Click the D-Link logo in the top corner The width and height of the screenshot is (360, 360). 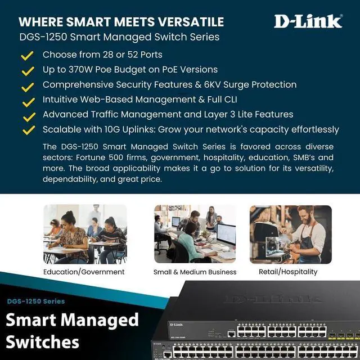(308, 21)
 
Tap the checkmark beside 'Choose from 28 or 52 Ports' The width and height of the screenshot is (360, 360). (27, 55)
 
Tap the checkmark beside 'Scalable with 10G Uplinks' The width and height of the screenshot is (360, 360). (27, 130)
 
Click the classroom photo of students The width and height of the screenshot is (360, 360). (85, 234)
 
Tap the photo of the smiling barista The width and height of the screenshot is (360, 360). (290, 234)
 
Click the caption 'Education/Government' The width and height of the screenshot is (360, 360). (84, 272)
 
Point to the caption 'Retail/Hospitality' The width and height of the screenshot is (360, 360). (290, 272)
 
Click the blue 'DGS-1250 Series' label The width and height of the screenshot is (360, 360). (36, 301)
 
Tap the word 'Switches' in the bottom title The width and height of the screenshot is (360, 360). (43, 341)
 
